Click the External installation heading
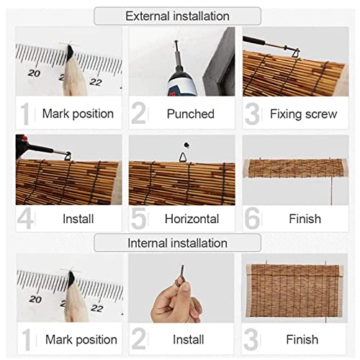177,16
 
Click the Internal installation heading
177,243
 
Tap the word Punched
191,114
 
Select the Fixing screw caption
304,114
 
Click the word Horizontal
192,219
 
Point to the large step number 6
252,219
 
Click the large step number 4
25,219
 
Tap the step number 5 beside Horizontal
139,219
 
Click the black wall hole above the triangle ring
186,145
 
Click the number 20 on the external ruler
34,73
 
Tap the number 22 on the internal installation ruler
97,308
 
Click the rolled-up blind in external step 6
295,168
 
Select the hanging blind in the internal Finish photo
294,290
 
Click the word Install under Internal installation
189,340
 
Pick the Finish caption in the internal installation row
302,340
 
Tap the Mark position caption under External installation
78,114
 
